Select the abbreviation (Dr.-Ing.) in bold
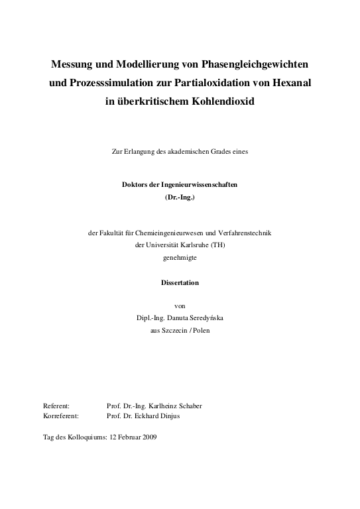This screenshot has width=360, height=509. pyautogui.click(x=180, y=198)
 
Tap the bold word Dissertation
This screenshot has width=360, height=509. pyautogui.click(x=180, y=282)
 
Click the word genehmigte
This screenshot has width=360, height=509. pyautogui.click(x=180, y=258)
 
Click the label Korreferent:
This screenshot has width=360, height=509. pyautogui.click(x=60, y=416)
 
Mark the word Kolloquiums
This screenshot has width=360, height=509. pyautogui.click(x=85, y=437)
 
